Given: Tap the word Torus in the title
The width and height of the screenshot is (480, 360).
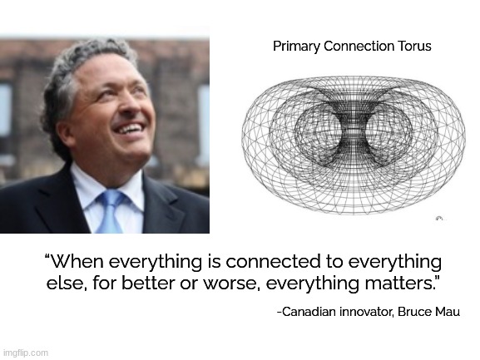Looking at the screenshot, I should click(413, 47).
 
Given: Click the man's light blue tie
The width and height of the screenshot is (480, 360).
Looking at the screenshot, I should click(109, 212).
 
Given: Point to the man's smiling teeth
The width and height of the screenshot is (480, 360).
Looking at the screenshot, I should click(129, 129).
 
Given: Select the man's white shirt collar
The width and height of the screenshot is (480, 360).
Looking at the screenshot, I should click(87, 187).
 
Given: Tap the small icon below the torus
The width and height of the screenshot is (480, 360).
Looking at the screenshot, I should click(438, 219).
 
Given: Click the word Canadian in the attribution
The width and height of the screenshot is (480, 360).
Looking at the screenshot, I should click(310, 313).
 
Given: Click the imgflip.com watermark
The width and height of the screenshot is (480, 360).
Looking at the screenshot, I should click(26, 353).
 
